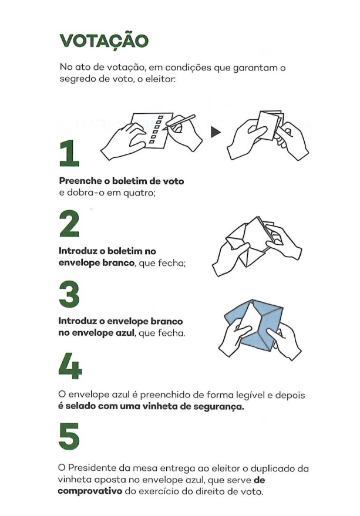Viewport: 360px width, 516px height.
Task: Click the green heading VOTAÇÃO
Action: click(104, 41)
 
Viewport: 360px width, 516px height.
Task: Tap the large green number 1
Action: click(69, 153)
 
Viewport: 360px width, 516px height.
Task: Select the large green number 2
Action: click(69, 224)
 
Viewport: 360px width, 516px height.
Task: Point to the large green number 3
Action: click(69, 294)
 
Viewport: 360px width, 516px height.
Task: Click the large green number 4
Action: click(70, 366)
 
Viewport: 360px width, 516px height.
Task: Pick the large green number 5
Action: click(69, 436)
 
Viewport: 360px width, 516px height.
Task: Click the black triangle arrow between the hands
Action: click(216, 132)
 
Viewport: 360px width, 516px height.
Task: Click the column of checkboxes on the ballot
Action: click(156, 129)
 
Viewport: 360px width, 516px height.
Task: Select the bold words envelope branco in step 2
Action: click(96, 263)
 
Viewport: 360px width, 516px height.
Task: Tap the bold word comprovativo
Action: click(90, 492)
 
